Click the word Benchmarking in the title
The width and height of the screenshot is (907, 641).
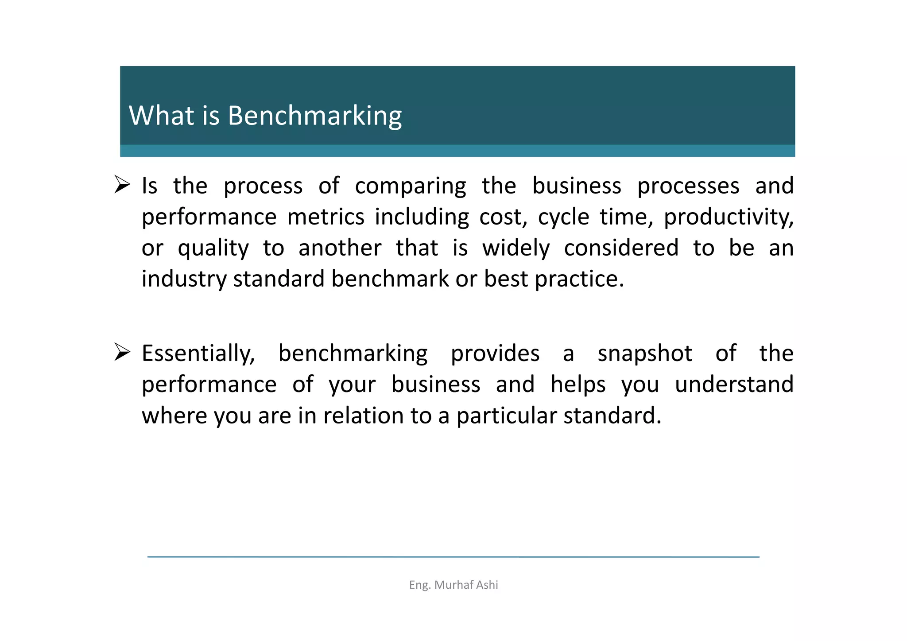pyautogui.click(x=314, y=116)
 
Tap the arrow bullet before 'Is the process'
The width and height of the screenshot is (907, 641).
pyautogui.click(x=122, y=184)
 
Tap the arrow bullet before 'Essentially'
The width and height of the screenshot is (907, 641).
pyautogui.click(x=122, y=352)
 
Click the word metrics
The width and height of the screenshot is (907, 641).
pyautogui.click(x=326, y=217)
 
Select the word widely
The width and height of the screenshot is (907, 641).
pyautogui.click(x=516, y=248)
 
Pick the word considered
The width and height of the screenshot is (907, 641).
pyautogui.click(x=621, y=248)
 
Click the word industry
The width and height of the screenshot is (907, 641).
pyautogui.click(x=184, y=280)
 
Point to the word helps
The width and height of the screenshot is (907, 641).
pyautogui.click(x=578, y=385)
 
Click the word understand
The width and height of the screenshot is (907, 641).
pyautogui.click(x=734, y=384)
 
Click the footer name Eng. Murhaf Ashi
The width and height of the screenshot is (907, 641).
pyautogui.click(x=453, y=585)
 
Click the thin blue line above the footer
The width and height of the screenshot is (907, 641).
pyautogui.click(x=453, y=557)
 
